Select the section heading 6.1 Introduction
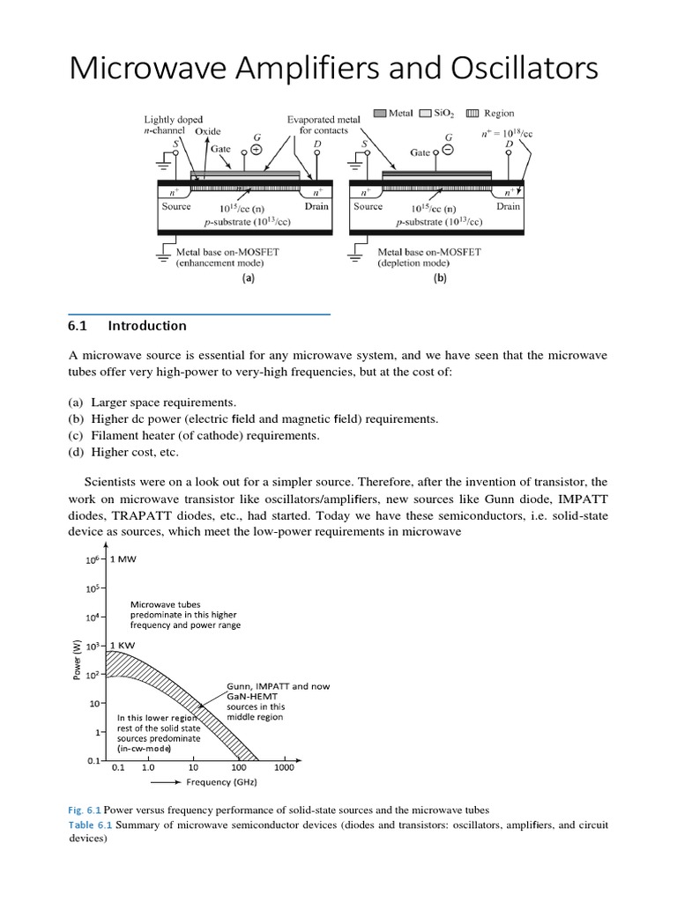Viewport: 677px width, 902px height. pyautogui.click(x=127, y=326)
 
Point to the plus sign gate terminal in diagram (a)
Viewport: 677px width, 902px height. pyautogui.click(x=257, y=150)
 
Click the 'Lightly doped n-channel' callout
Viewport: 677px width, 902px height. pyautogui.click(x=174, y=123)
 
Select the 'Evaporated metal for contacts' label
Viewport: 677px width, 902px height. pyautogui.click(x=317, y=124)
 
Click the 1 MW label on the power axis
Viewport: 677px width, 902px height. pyautogui.click(x=124, y=559)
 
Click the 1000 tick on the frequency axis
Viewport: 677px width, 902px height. pyautogui.click(x=284, y=768)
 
